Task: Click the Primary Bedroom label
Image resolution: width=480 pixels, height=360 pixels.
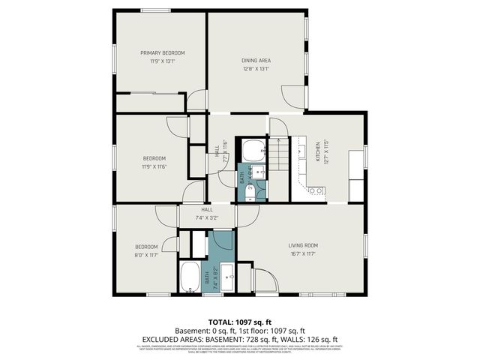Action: click(x=163, y=52)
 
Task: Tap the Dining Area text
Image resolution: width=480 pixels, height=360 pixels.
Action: click(x=256, y=60)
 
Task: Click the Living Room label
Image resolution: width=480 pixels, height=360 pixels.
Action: click(x=304, y=245)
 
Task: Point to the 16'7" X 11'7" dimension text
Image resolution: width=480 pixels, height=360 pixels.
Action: click(x=304, y=254)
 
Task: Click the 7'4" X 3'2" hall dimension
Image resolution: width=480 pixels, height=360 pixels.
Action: click(x=206, y=218)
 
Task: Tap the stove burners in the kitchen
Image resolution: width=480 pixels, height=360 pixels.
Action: click(x=316, y=190)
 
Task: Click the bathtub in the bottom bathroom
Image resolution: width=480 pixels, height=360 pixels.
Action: click(x=190, y=277)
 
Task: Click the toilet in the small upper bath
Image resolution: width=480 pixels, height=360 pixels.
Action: click(x=250, y=193)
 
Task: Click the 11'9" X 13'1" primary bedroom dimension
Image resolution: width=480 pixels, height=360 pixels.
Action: click(x=163, y=61)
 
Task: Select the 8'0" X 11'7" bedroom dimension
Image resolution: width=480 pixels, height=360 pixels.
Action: click(x=146, y=256)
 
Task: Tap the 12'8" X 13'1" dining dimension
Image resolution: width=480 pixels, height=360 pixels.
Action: click(x=256, y=69)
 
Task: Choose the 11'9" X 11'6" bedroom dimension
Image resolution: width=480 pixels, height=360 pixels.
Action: click(x=154, y=166)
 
